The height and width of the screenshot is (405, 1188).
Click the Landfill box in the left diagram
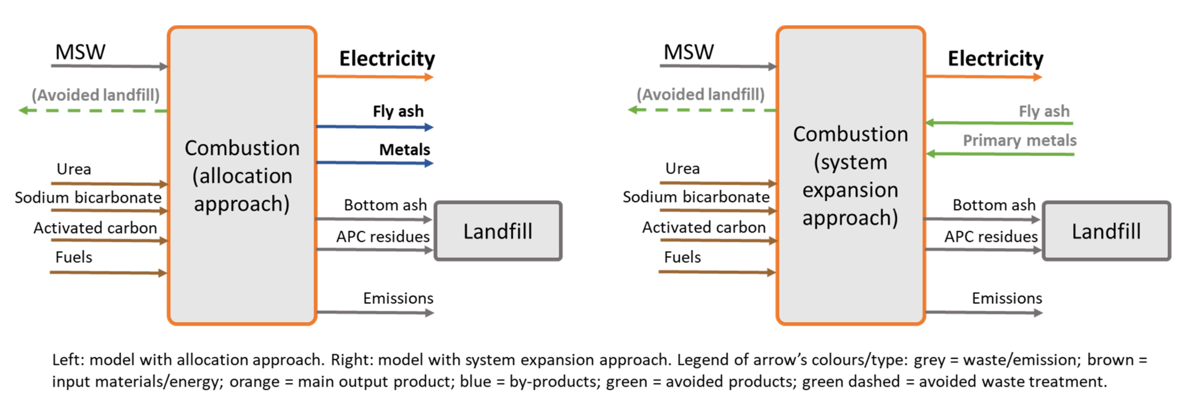tap(498, 231)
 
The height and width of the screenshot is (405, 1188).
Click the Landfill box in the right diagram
tap(1106, 231)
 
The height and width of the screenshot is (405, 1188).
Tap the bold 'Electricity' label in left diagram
tap(387, 59)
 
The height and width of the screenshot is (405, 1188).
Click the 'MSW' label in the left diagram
tap(80, 52)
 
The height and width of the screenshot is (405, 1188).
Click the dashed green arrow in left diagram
tap(92, 111)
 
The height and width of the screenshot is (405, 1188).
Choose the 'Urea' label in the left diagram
tap(74, 169)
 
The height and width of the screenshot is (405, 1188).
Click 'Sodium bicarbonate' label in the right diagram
tap(696, 197)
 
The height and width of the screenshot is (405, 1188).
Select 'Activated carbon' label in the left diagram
tap(95, 228)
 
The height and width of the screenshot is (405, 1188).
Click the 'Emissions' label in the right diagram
tap(1007, 299)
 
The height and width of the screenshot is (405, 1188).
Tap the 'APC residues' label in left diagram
tap(383, 237)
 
